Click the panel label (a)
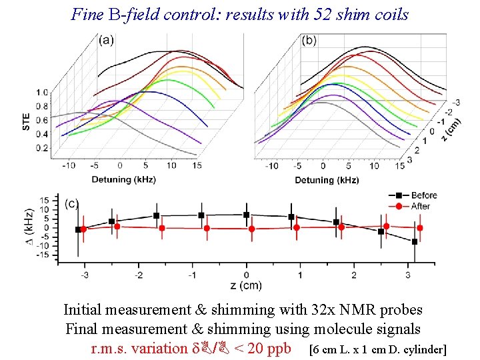point(106,40)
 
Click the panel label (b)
point(309,40)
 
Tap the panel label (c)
point(71,203)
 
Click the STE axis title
point(26,120)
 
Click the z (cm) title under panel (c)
point(247,285)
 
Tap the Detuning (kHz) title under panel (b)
point(327,180)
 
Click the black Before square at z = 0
point(247,215)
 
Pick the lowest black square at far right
point(415,241)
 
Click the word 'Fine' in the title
point(85,14)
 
